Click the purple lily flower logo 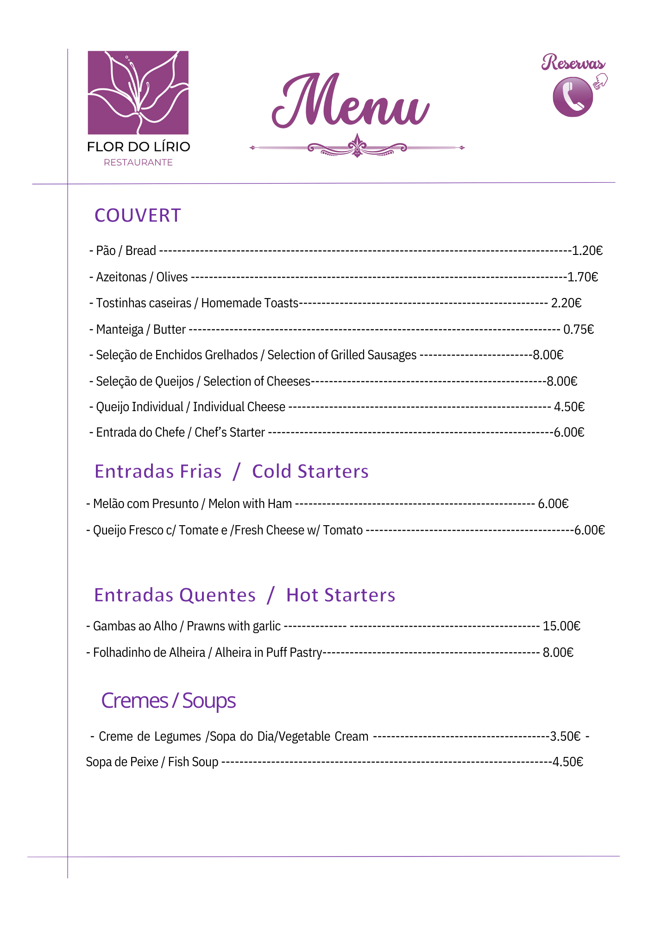click(138, 92)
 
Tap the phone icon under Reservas click(573, 97)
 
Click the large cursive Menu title click(351, 102)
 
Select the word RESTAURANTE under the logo click(138, 163)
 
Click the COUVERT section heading click(138, 216)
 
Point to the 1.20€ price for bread click(587, 251)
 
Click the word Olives click(172, 277)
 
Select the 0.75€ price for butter click(579, 330)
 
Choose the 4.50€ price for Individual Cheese click(569, 407)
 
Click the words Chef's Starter click(230, 432)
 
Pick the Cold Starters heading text click(310, 471)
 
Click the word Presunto click(175, 504)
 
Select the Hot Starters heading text click(340, 595)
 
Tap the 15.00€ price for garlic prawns click(561, 626)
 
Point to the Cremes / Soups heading click(169, 701)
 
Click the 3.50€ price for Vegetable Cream click(565, 737)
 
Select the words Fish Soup click(193, 762)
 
